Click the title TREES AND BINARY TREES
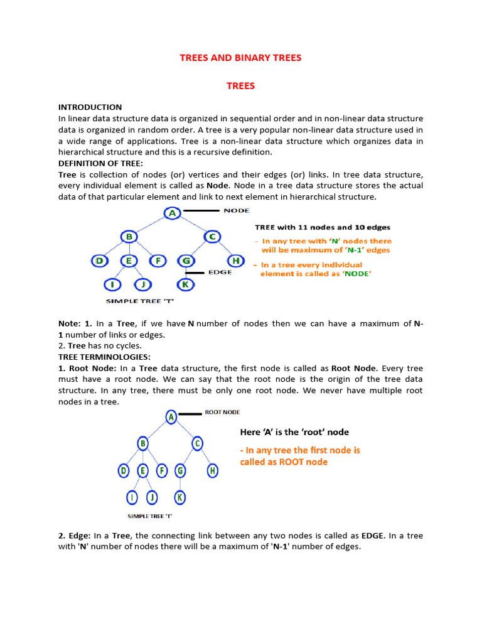pos(240,58)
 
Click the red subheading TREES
pos(240,85)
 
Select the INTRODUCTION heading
pos(90,107)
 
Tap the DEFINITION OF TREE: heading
pos(100,163)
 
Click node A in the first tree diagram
pos(172,213)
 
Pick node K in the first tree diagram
pos(186,284)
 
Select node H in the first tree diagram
pos(235,261)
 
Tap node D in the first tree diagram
pos(99,261)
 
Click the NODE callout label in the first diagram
pos(237,210)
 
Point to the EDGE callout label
pos(220,273)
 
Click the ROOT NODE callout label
pos(222,413)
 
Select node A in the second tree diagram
pos(171,416)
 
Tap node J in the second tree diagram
pos(151,498)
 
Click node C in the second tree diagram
pos(197,444)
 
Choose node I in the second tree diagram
pos(132,498)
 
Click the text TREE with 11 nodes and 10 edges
pos(323,227)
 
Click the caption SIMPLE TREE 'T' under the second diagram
pos(150,516)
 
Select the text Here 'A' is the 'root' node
pos(294,432)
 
